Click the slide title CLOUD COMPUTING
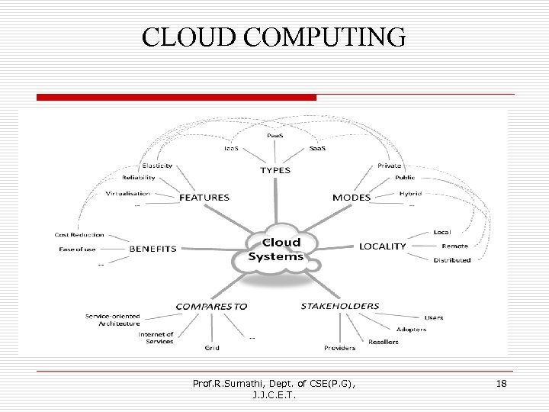click(274, 37)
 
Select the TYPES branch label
click(275, 170)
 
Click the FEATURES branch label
click(204, 198)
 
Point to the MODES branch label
click(352, 198)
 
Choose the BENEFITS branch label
click(152, 249)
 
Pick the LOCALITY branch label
click(383, 246)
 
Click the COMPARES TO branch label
click(212, 306)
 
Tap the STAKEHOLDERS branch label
click(339, 306)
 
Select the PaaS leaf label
click(277, 135)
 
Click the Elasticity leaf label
click(157, 166)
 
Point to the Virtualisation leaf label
click(128, 194)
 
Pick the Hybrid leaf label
click(410, 194)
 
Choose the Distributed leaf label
click(452, 260)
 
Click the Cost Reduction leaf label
click(79, 235)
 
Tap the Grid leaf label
click(212, 348)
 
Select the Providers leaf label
click(339, 348)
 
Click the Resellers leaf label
click(383, 342)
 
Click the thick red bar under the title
click(176, 98)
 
